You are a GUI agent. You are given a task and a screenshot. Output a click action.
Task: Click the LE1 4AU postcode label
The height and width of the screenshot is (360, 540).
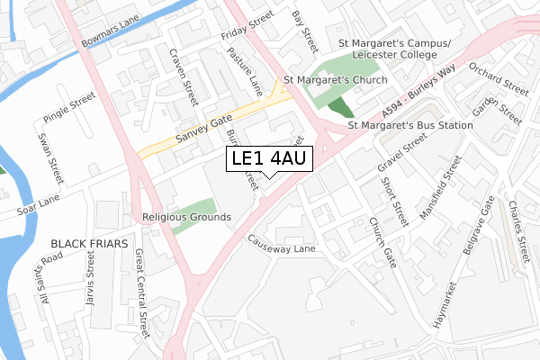270,159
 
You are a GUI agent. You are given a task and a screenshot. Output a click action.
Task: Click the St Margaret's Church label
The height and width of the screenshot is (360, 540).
335,80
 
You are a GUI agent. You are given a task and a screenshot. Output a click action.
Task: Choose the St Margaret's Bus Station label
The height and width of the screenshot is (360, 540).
410,125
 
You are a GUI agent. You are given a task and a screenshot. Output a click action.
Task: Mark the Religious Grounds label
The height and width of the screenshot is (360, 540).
186,217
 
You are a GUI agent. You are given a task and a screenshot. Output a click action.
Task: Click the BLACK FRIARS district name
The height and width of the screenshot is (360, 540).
89,244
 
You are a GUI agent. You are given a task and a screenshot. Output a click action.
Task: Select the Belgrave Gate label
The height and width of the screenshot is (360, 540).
476,229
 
